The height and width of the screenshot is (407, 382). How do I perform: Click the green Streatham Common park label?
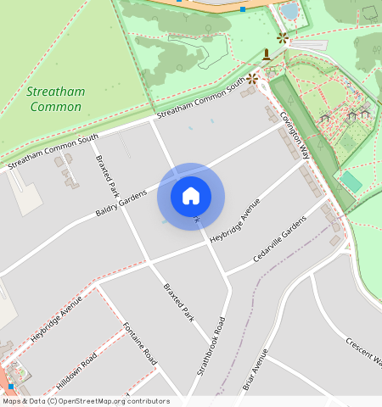[54, 99]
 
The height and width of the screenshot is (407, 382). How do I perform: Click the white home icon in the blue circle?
[191, 197]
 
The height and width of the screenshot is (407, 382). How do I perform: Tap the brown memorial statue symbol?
[267, 56]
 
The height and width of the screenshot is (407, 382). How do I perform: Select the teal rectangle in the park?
[351, 181]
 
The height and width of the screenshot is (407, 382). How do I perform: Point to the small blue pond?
[290, 12]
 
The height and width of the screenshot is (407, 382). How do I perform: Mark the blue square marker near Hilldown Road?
[10, 387]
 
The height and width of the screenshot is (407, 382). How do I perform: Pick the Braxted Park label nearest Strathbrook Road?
[178, 302]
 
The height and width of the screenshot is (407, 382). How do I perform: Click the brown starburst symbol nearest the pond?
[282, 37]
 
